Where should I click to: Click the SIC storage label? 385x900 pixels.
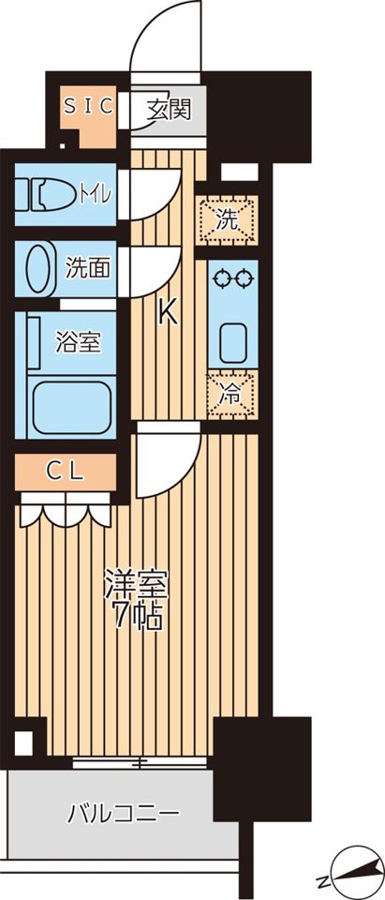point(89,106)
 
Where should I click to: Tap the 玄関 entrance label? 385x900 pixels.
point(168,109)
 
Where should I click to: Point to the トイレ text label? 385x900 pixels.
point(96,195)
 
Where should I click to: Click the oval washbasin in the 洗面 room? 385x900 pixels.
point(39,267)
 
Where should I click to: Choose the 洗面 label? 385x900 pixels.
point(88,268)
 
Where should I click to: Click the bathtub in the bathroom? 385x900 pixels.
point(72,407)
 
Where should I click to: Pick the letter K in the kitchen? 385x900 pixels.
point(167,313)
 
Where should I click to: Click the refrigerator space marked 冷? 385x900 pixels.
point(231,395)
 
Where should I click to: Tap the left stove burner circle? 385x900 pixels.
point(220,277)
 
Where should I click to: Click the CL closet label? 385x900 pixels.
point(66,472)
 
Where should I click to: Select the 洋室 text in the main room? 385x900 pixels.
point(136,584)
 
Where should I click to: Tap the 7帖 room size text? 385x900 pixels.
point(137,616)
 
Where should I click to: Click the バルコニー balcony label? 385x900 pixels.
point(124,813)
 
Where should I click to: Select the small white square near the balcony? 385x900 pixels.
point(23,743)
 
